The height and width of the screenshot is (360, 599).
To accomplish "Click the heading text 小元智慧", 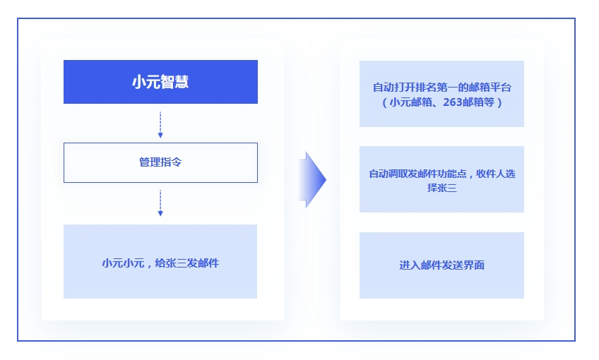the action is point(160,82).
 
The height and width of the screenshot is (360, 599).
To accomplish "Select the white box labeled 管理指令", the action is point(160,162).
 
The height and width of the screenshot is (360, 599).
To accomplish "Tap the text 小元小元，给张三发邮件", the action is point(160,263).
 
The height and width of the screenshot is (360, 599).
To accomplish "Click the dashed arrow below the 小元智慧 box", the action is point(160,124).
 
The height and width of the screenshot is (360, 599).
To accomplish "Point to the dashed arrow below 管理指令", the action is point(160,203).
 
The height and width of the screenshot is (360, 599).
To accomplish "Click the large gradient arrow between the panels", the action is point(312,180).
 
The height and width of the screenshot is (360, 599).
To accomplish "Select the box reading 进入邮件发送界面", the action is point(441,265).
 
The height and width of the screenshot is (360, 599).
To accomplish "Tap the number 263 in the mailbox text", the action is point(452,102).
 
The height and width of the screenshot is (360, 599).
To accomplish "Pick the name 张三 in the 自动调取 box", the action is point(447,188).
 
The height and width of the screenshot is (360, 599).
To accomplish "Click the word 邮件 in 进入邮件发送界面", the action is point(431,265).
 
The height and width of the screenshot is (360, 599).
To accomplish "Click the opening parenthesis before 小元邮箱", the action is point(385,102).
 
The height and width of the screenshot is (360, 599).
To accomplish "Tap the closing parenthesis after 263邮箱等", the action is point(499,102).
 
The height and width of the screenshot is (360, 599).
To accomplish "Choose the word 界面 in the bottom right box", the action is point(474,265).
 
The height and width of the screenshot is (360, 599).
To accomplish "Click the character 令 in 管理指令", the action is point(177,162).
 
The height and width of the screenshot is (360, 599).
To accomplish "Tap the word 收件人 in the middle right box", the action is point(490,174).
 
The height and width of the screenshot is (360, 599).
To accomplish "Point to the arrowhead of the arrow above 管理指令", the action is point(160,135).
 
